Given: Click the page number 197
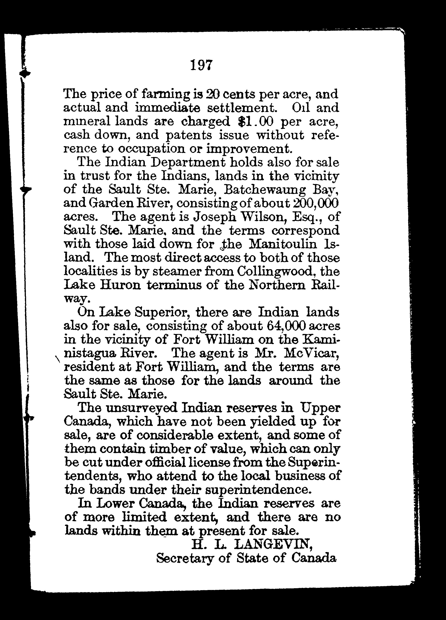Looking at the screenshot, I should (x=201, y=65).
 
